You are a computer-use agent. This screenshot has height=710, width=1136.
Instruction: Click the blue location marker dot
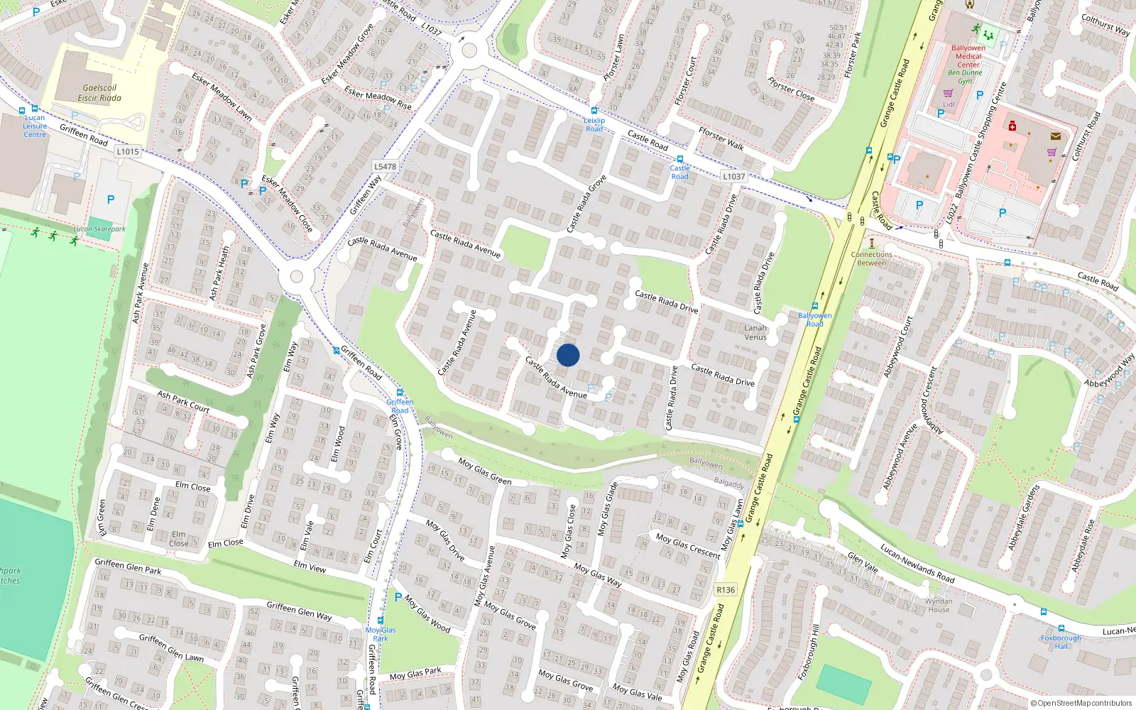coord(568,355)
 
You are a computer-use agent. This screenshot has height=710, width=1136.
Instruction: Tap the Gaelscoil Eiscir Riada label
coord(99,93)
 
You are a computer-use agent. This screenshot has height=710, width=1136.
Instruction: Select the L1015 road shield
coord(128,151)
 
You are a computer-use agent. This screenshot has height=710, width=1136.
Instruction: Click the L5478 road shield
coord(385,167)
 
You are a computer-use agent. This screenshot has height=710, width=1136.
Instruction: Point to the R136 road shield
coord(726,589)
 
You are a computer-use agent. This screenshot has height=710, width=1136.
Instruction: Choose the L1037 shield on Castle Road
coord(734,176)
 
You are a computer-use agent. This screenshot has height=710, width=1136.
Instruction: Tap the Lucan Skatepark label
coord(99,229)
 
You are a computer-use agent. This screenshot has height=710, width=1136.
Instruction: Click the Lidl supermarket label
coord(949,104)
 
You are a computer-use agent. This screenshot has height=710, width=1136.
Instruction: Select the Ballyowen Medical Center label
coord(968,56)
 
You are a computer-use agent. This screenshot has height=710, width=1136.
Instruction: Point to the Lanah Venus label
coord(755,332)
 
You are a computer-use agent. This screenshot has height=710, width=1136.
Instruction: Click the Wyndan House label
coord(939,605)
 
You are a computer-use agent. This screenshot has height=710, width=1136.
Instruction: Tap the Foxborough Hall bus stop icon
coord(1061,628)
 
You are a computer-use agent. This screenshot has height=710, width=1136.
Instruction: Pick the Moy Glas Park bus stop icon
coord(381,620)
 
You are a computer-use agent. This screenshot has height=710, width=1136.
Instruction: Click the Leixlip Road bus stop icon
coord(594,111)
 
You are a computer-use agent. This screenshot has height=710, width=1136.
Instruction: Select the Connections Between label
coord(871,258)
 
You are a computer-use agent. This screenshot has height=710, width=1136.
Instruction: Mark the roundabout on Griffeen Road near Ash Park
coord(297,277)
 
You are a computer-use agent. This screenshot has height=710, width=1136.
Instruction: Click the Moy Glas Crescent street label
coord(687,546)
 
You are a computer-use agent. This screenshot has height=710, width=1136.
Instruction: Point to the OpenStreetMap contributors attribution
coord(1081,703)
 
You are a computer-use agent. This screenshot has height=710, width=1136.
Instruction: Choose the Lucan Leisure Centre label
coord(35,126)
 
